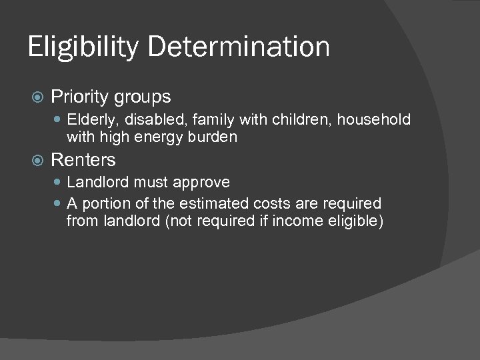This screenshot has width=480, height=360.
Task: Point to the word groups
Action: click(144, 97)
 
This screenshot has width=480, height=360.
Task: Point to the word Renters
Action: click(83, 160)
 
